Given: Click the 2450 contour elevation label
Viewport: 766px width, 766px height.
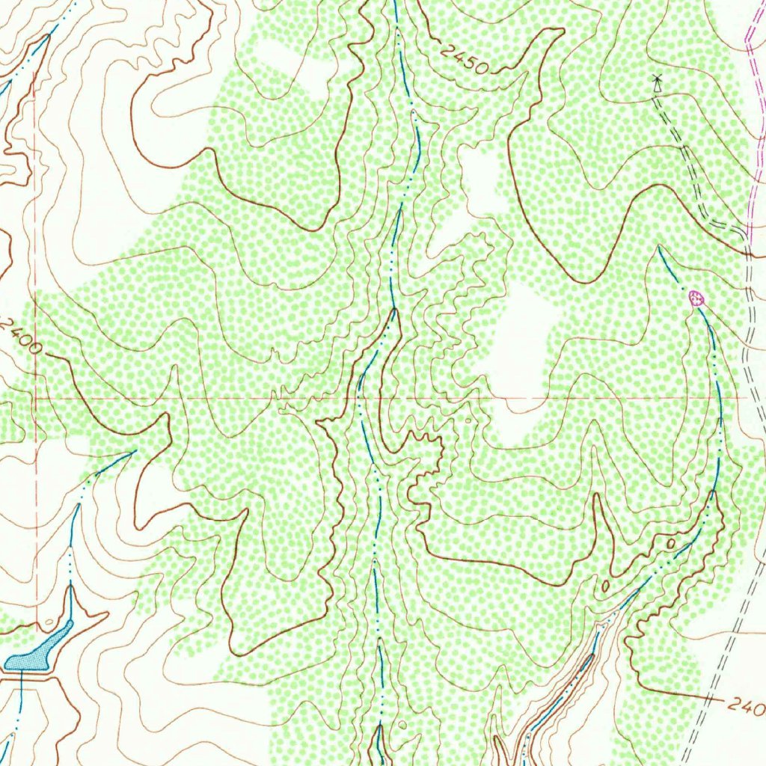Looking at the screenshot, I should tap(464, 60).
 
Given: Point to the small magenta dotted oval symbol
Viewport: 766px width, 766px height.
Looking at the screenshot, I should tap(696, 299).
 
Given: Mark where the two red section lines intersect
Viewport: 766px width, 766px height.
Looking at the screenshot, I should tap(34, 399).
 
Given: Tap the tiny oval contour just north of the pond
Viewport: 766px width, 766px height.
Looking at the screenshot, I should tap(49, 621).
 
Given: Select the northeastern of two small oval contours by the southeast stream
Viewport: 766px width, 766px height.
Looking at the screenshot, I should tap(670, 542).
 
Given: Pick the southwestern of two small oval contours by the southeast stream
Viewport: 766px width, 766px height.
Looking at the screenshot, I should tap(604, 586).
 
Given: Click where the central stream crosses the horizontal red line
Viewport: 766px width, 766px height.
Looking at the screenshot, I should tap(360, 399).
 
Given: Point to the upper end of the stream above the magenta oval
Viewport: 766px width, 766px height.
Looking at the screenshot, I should tap(659, 247).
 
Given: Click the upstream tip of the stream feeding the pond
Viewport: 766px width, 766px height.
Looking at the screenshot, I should tap(133, 452).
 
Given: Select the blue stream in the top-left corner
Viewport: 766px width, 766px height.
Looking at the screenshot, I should tap(30, 56).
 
